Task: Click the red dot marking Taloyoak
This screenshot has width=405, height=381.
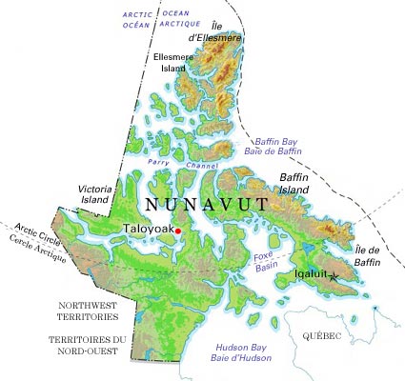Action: (178, 230)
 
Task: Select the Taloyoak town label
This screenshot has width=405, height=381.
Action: (147, 230)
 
